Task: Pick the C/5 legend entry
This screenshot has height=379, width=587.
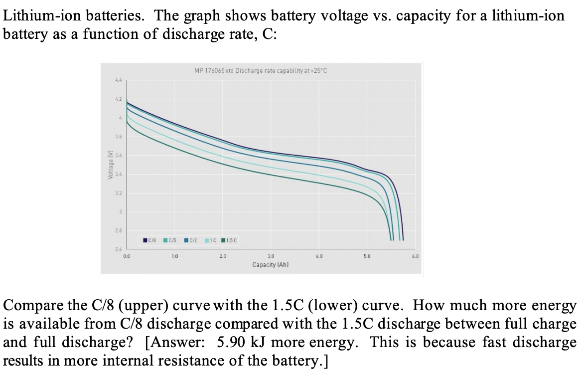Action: pos(170,240)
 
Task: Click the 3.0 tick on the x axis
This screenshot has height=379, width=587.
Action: pos(271,256)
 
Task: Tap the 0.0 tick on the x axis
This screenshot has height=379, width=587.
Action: pos(127,256)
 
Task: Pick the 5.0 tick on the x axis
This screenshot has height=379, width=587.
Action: pos(367,256)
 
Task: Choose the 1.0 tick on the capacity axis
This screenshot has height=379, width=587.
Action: pos(174,256)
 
